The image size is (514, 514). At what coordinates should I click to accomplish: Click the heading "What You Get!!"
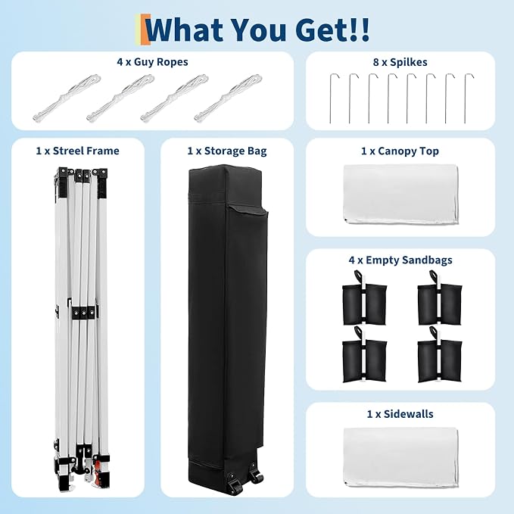[x=257, y=30]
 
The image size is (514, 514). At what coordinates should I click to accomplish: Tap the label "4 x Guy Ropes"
[x=152, y=62]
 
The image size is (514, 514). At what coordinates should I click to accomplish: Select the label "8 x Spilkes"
[x=400, y=62]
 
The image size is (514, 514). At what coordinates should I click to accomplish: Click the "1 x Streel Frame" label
[x=78, y=151]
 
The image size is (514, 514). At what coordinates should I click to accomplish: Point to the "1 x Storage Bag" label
[x=227, y=151]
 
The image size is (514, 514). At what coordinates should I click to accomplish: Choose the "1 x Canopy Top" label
[x=400, y=151]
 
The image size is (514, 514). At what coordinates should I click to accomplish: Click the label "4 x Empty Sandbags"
[x=400, y=260]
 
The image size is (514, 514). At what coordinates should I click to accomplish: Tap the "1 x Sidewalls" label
[x=400, y=414]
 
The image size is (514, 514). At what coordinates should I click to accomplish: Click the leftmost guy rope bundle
[x=67, y=98]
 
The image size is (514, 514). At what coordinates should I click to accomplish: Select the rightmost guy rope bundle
[x=228, y=98]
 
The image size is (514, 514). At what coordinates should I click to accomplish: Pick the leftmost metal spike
[x=330, y=98]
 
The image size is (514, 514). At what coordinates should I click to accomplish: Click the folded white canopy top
[x=400, y=195]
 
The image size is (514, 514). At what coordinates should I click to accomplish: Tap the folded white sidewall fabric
[x=400, y=456]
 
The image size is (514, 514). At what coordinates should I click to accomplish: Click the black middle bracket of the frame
[x=83, y=313]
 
